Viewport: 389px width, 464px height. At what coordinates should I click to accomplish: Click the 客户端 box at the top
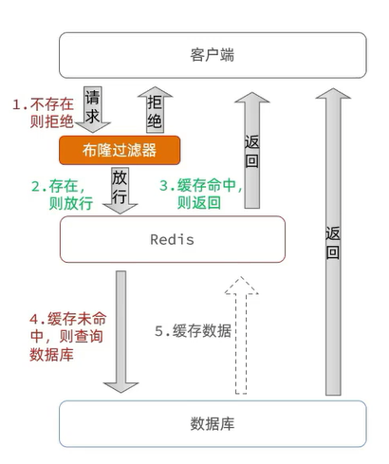point(212,55)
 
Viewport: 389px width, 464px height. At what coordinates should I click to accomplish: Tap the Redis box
point(172,239)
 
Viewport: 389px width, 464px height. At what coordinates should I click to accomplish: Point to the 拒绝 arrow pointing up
point(154,111)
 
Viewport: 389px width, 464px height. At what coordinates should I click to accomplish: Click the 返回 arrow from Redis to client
point(251,147)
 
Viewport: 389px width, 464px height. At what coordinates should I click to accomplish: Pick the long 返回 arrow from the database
point(331,237)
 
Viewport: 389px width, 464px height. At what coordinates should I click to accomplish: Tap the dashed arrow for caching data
point(246,334)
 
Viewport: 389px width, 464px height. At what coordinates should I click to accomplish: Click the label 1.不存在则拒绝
point(44,111)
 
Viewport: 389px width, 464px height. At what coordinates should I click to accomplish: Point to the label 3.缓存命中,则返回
point(202,195)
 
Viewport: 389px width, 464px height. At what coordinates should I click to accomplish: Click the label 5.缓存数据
point(193,331)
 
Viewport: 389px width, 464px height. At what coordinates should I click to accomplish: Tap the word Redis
point(172,239)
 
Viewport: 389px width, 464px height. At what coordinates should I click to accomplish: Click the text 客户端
point(212,55)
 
